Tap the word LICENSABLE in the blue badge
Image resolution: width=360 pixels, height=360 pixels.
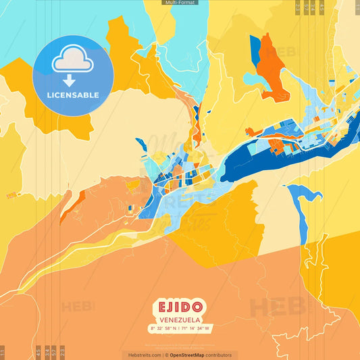73,95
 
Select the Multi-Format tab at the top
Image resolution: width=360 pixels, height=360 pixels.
180,3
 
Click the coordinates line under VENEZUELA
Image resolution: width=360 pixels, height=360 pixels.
180,329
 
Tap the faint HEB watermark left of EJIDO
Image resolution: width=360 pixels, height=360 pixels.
78,307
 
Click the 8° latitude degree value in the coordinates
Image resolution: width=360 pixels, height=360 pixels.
152,329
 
